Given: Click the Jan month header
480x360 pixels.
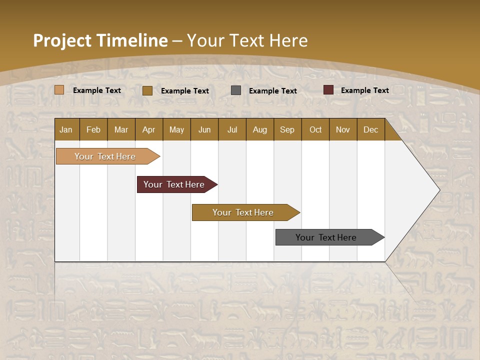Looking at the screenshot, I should click(x=66, y=129).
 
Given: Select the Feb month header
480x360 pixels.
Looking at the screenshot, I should click(x=93, y=129).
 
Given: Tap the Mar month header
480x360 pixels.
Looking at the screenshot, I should click(x=121, y=129).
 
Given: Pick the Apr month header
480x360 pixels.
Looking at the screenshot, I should click(x=149, y=129).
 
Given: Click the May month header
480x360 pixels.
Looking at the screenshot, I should click(x=176, y=129).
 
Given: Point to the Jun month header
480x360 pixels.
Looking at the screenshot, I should click(x=204, y=129).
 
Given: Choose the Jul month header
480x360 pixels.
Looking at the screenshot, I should click(x=232, y=129).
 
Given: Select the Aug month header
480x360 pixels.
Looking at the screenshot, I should click(x=260, y=129).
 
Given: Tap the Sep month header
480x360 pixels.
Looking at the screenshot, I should click(x=287, y=129).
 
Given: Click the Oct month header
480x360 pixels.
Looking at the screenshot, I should click(x=315, y=129).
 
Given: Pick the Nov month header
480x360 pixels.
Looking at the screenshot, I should click(x=343, y=129).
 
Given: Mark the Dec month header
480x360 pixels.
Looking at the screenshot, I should click(x=371, y=129).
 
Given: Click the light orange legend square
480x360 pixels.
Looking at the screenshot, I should click(x=59, y=90).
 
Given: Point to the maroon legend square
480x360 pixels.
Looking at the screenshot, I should click(x=328, y=90).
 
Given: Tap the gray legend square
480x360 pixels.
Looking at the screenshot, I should click(x=236, y=90).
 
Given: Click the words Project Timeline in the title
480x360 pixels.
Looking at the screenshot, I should click(x=100, y=40).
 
